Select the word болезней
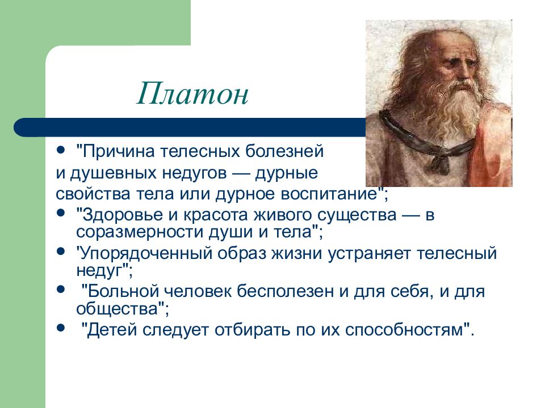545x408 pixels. [x=284, y=152]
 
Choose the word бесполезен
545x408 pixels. [x=285, y=291]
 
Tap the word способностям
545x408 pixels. [x=404, y=330]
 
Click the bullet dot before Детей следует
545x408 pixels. [x=61, y=327]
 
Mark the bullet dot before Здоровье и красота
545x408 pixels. [x=61, y=212]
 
